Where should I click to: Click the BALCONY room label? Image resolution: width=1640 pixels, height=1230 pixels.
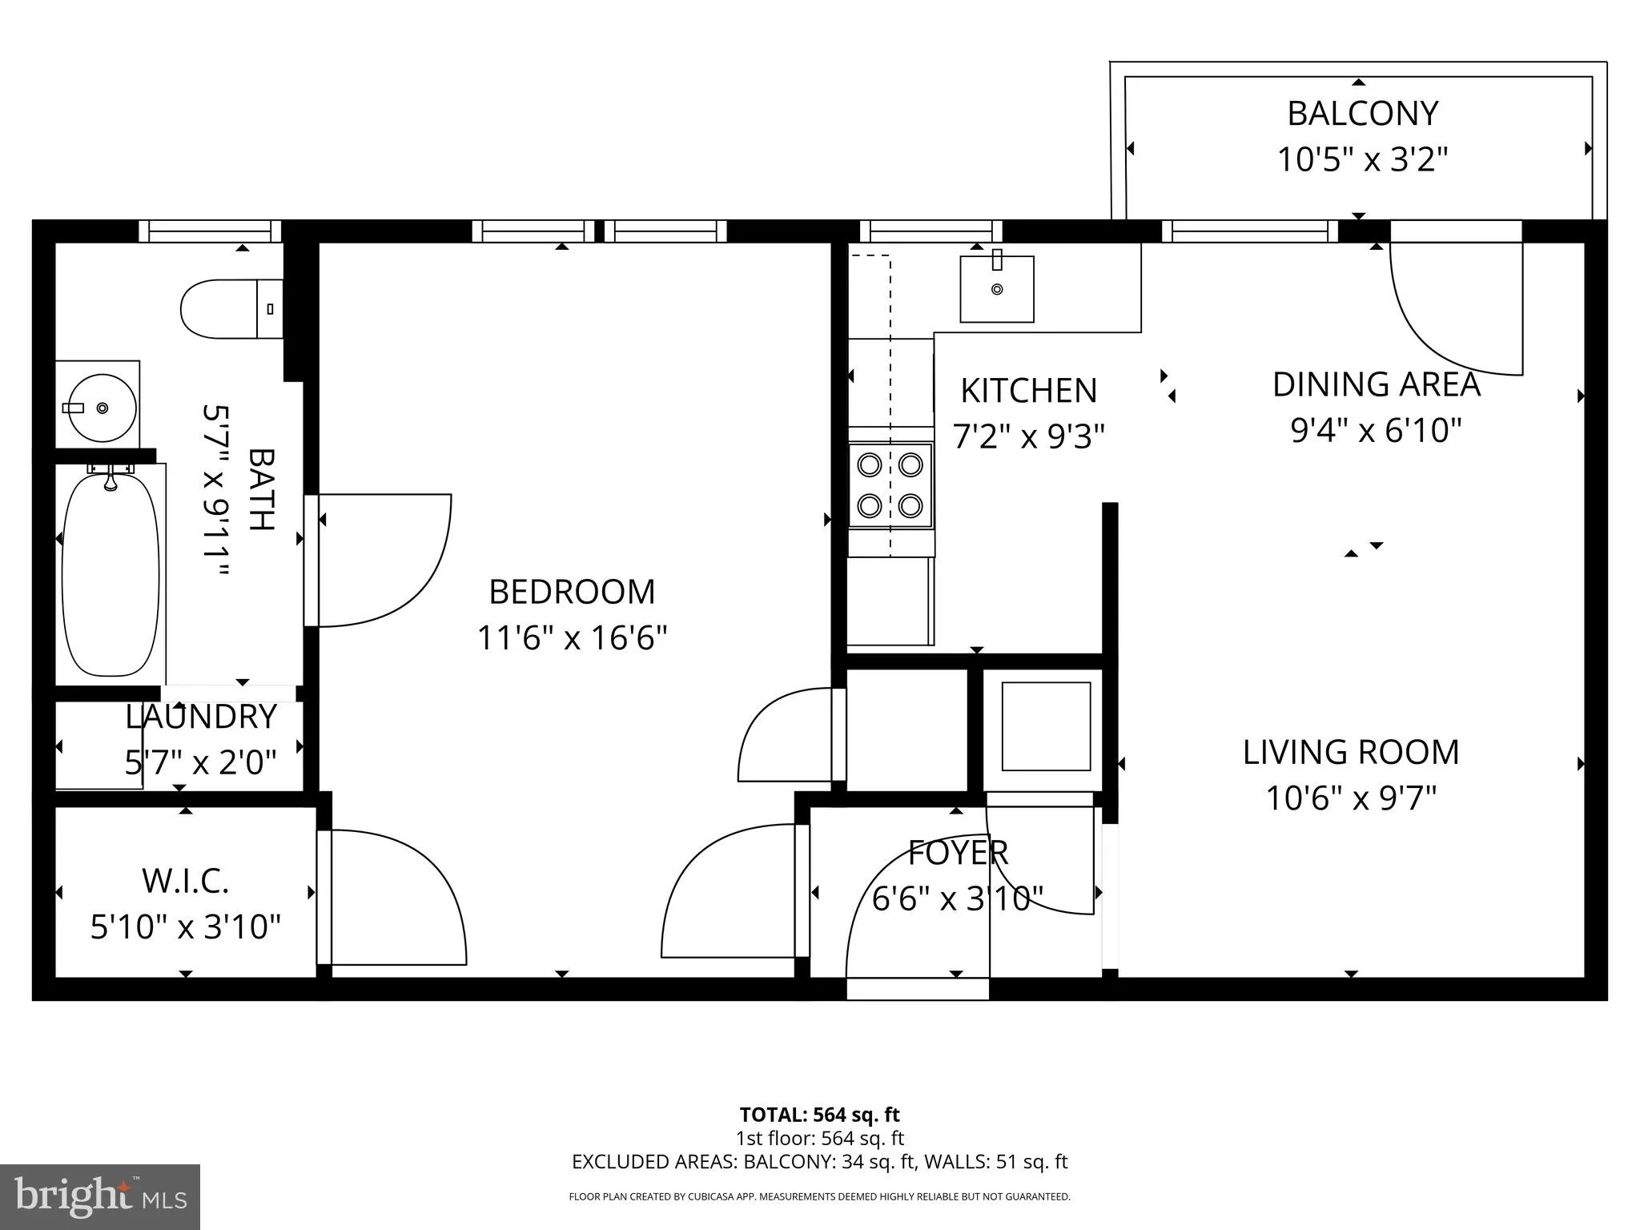click(x=1362, y=114)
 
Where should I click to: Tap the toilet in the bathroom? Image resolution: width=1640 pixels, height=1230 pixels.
click(x=228, y=309)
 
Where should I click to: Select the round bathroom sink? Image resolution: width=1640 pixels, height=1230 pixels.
click(x=101, y=408)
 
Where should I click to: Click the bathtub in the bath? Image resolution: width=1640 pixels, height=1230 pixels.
click(x=111, y=575)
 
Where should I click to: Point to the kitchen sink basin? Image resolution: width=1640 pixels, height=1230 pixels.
click(x=996, y=289)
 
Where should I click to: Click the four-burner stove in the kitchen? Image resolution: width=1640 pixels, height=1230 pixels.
click(x=890, y=485)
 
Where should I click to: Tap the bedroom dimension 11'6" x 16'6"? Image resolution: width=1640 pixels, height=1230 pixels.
click(x=572, y=639)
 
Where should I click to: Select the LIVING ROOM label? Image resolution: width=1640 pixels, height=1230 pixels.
click(x=1351, y=753)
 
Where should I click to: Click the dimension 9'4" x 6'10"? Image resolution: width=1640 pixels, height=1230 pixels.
click(x=1376, y=431)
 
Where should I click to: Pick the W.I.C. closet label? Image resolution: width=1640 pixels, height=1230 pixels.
click(x=186, y=882)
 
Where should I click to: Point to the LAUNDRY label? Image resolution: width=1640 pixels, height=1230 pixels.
click(x=201, y=717)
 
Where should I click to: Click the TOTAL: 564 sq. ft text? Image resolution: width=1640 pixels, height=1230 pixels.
click(x=819, y=1115)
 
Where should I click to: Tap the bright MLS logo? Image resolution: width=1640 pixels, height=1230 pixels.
click(x=100, y=1196)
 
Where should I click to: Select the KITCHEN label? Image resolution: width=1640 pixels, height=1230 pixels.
click(x=1028, y=391)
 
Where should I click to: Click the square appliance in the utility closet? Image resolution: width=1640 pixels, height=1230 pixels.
click(x=1046, y=726)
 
